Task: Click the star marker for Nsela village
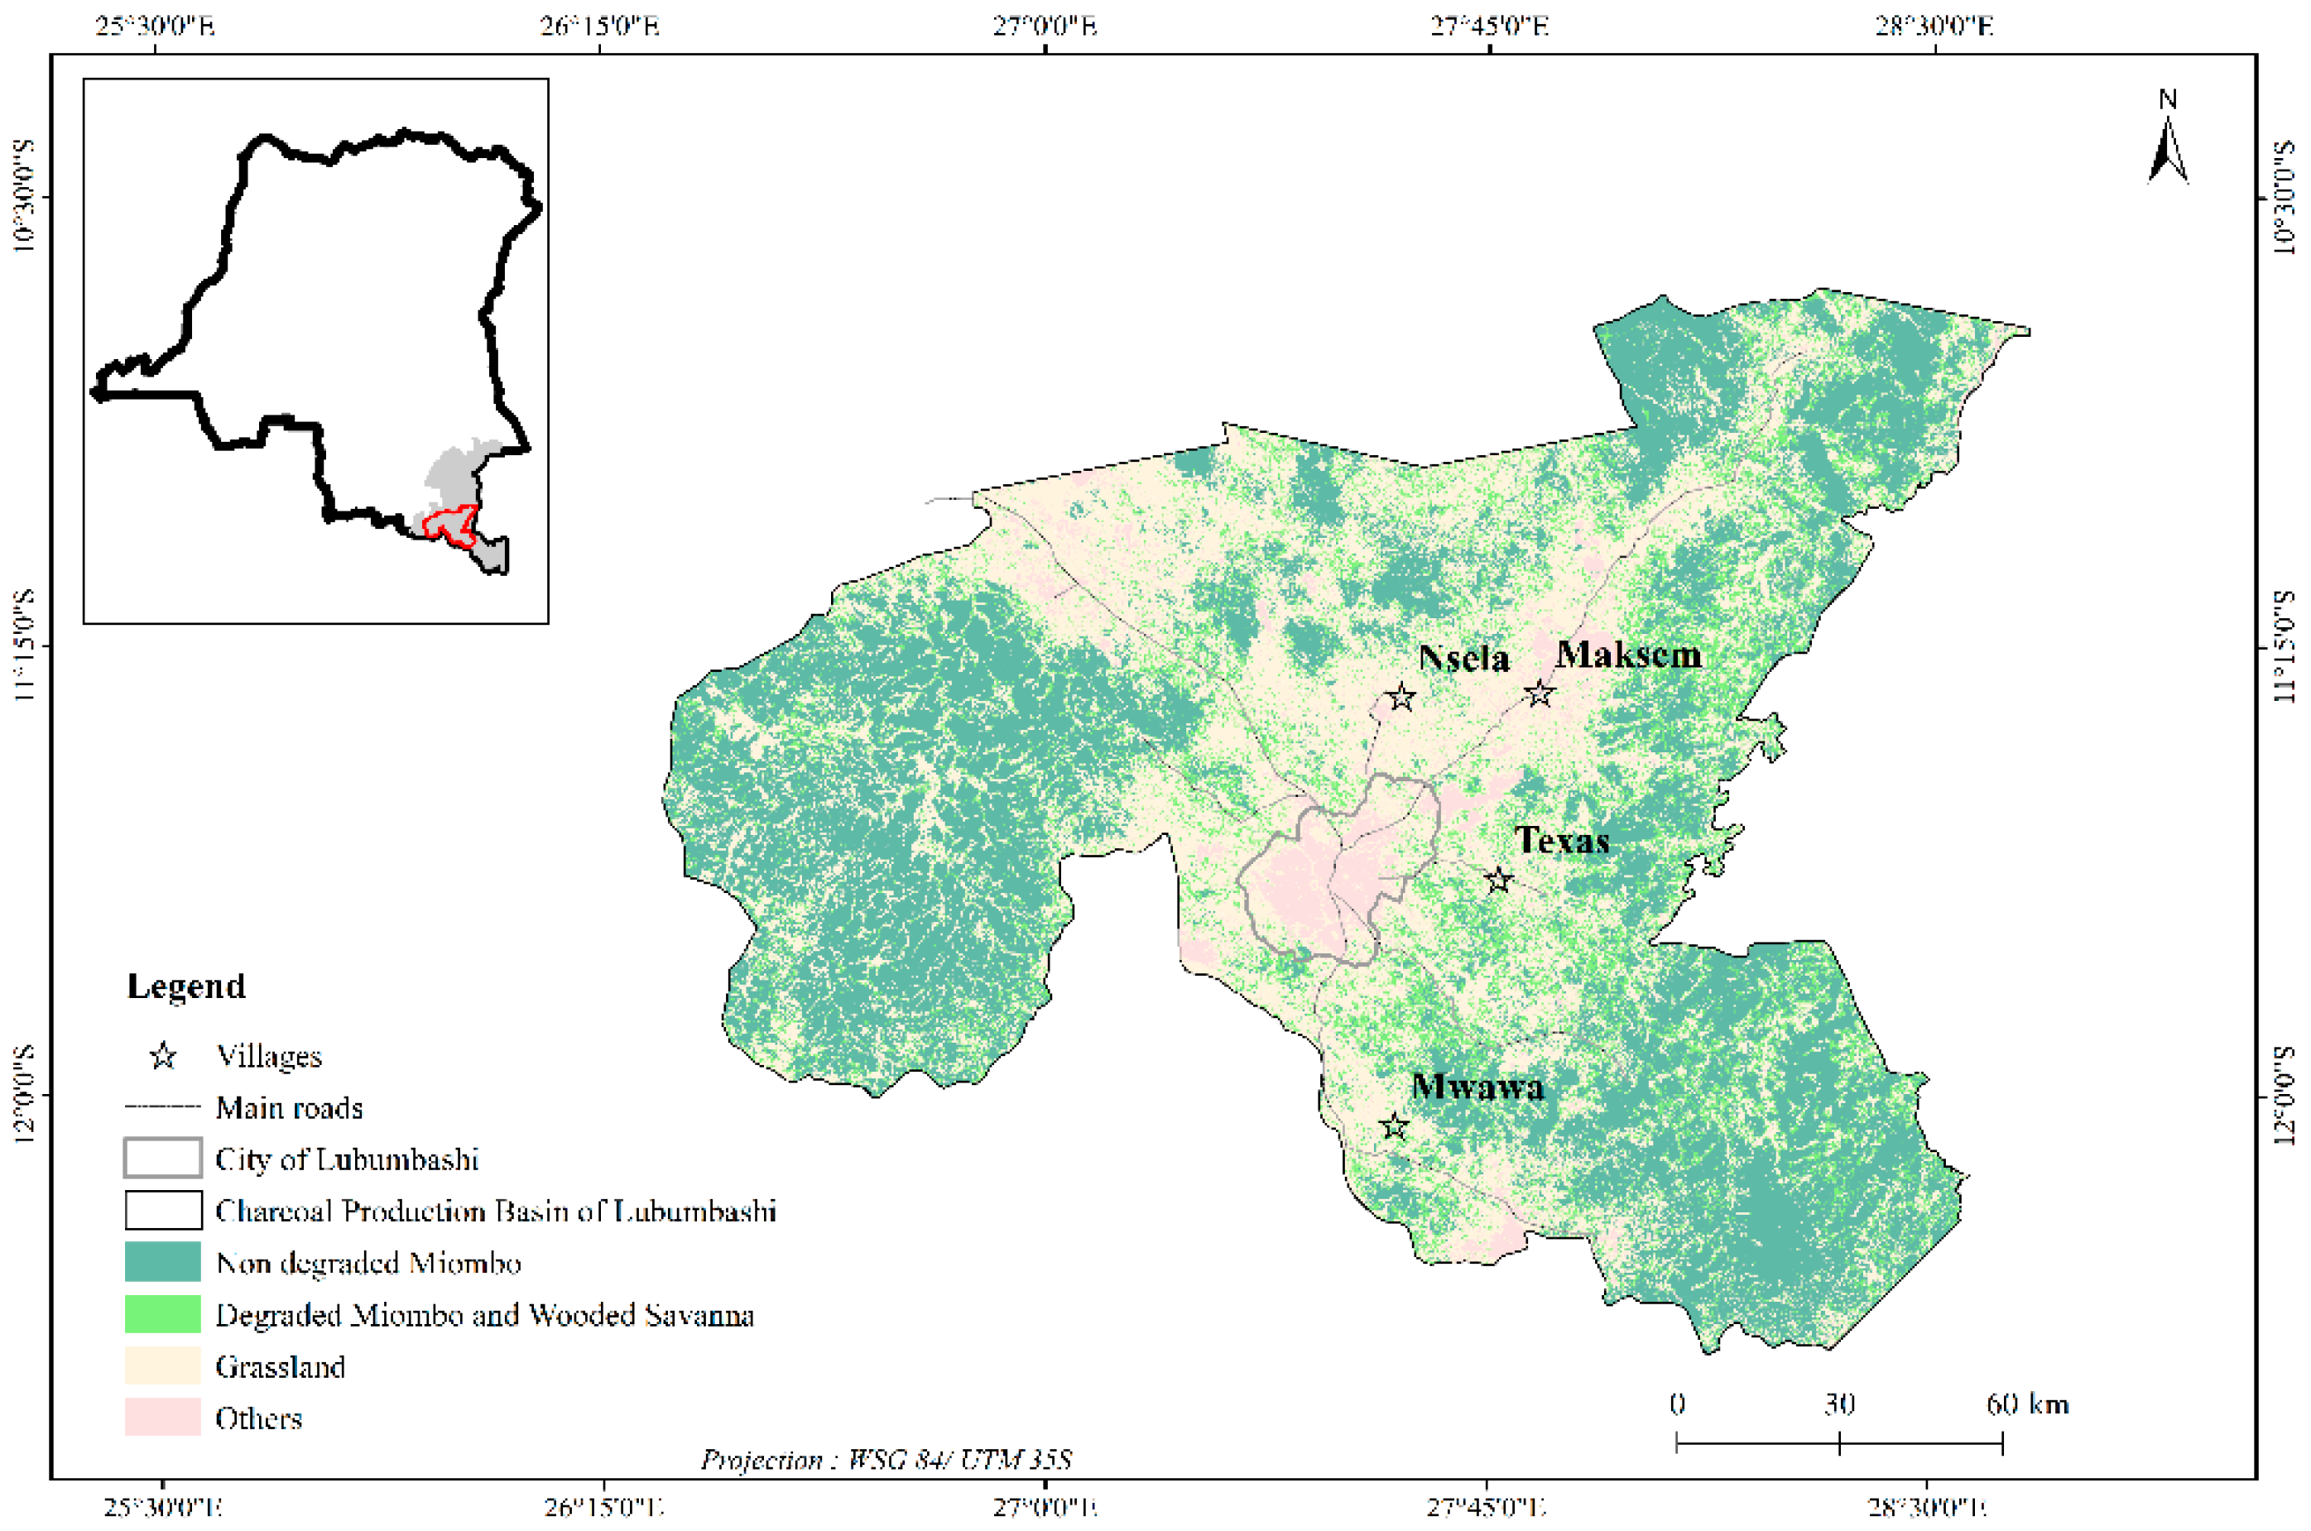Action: coord(1401,697)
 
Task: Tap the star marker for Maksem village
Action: coord(1540,694)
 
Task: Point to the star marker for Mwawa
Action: coord(1394,1125)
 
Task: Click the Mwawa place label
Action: coord(1477,1087)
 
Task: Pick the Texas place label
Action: coord(1561,841)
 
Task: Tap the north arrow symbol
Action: coord(2168,146)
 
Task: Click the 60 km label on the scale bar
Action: coord(2027,1404)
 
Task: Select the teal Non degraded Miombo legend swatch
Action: coord(163,1261)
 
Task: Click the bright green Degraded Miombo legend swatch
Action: coord(163,1313)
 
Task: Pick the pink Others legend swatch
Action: coord(163,1417)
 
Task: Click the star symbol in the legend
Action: coord(163,1055)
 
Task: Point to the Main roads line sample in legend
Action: coord(163,1107)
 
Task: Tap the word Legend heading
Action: coord(185,986)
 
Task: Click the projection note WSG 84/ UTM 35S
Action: coord(886,1460)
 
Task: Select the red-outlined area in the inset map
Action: coord(449,522)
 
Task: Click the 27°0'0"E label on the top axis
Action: coord(1045,24)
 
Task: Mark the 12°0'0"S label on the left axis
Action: coord(24,1093)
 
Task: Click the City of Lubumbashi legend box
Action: coord(163,1158)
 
